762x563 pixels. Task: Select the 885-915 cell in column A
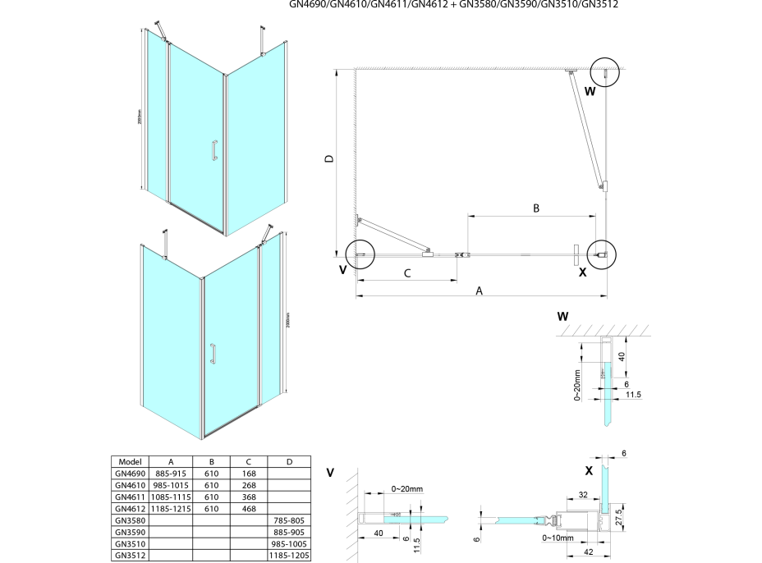(171, 474)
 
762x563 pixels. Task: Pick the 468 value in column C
(249, 509)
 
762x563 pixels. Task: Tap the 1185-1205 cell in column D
(290, 556)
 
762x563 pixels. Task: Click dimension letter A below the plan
(479, 290)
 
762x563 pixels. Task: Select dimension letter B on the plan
(535, 208)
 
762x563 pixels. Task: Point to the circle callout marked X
(602, 254)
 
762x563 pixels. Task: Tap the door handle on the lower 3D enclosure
(213, 354)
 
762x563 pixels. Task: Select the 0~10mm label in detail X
(558, 538)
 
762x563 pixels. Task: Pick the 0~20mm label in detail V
(407, 489)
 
